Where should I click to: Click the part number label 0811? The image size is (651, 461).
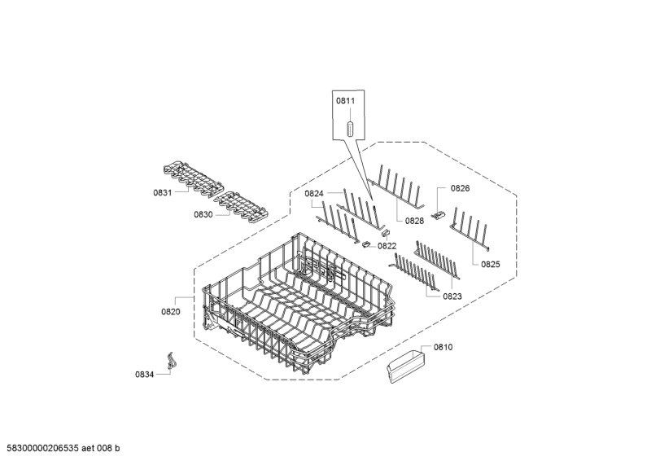pyautogui.click(x=345, y=101)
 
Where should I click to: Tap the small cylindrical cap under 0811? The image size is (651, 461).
pyautogui.click(x=350, y=129)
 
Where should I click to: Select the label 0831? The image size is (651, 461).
pyautogui.click(x=162, y=193)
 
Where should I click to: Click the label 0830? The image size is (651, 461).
pyautogui.click(x=203, y=214)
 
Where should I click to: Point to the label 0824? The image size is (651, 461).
pyautogui.click(x=314, y=193)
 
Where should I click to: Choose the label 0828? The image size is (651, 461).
pyautogui.click(x=414, y=221)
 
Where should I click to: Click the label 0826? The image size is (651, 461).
pyautogui.click(x=460, y=188)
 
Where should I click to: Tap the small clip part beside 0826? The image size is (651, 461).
pyautogui.click(x=438, y=215)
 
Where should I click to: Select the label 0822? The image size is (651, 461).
pyautogui.click(x=387, y=246)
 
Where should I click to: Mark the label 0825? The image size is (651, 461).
pyautogui.click(x=491, y=264)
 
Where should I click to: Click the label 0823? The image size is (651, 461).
pyautogui.click(x=452, y=296)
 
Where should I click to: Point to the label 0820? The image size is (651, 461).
pyautogui.click(x=171, y=312)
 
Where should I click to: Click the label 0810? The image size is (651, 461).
pyautogui.click(x=443, y=347)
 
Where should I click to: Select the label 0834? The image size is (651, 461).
pyautogui.click(x=145, y=375)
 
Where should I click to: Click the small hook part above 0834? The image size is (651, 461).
pyautogui.click(x=170, y=360)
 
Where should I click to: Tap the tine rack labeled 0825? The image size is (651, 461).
pyautogui.click(x=470, y=229)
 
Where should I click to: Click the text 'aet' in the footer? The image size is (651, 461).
pyautogui.click(x=88, y=448)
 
